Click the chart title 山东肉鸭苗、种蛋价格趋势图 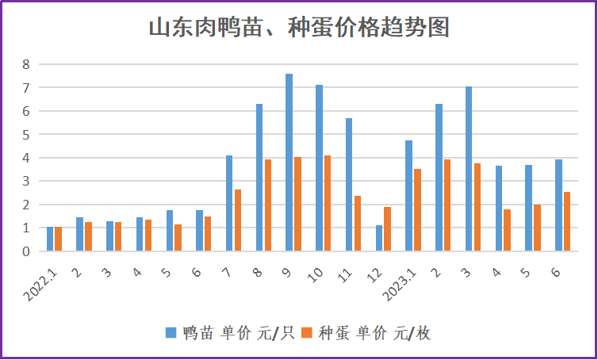coord(299,29)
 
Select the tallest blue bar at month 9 coord(289,163)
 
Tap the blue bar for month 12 coord(379,238)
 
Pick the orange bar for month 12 coord(387,229)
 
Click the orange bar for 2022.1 coord(58,239)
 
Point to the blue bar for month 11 coord(349,185)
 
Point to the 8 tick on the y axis coord(25,64)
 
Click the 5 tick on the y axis coord(25,134)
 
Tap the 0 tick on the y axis coord(25,251)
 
